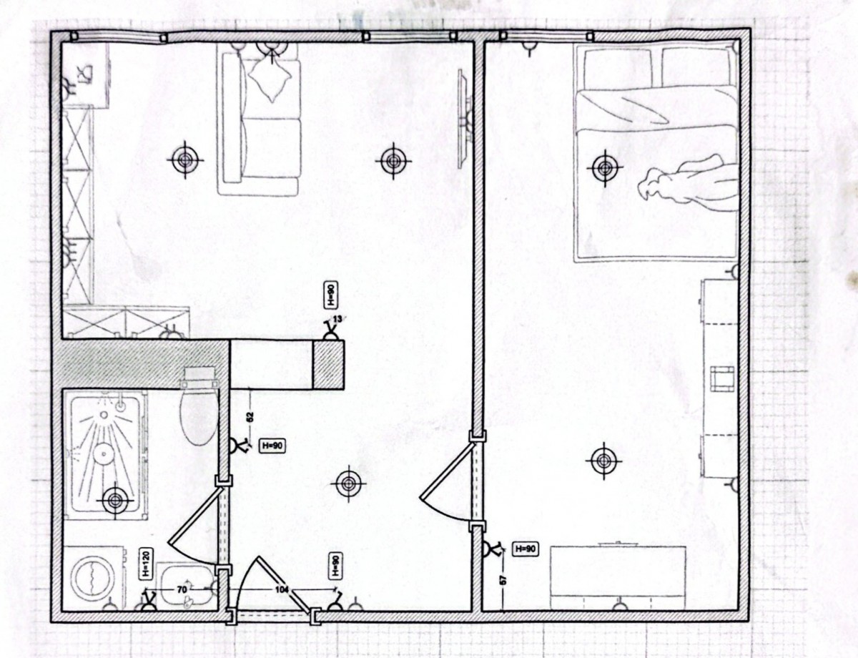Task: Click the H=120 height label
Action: pos(145,564)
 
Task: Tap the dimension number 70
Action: pos(181,589)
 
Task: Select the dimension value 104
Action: pos(282,589)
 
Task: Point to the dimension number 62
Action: pos(250,417)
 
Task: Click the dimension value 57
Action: pos(503,580)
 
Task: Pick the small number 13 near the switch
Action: pos(337,319)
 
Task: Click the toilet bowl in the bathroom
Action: pos(199,418)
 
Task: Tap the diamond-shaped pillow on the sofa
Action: pos(271,78)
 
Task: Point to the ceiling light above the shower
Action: pos(115,501)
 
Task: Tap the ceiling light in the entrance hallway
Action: pos(348,483)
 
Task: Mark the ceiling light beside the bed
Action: pos(604,168)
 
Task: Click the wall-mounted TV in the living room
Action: pos(464,119)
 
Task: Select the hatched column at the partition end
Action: pos(327,365)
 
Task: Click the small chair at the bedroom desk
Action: pos(722,379)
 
